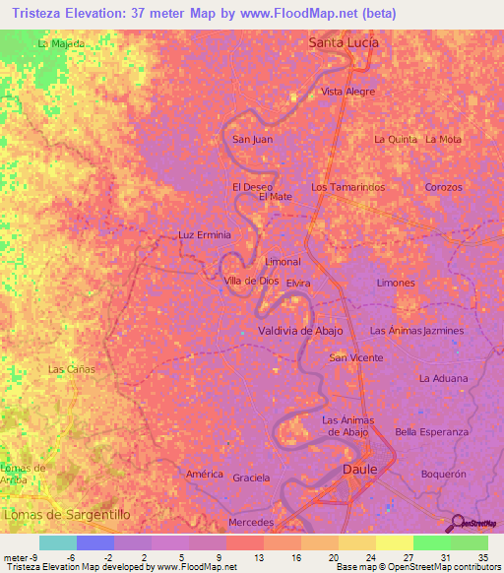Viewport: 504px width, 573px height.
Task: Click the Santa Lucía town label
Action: (x=344, y=42)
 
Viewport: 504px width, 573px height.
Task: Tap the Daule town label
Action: (x=359, y=470)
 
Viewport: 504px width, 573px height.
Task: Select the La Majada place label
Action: (x=60, y=44)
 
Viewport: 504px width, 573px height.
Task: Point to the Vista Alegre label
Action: (x=348, y=92)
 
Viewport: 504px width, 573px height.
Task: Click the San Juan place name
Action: (x=252, y=140)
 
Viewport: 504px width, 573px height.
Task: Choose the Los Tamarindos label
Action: (x=347, y=187)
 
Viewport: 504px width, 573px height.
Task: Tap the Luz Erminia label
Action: (x=204, y=235)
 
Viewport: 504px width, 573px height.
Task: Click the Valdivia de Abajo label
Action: (x=300, y=331)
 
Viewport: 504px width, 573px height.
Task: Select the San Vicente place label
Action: (x=356, y=357)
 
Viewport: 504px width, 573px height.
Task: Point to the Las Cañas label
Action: (x=71, y=369)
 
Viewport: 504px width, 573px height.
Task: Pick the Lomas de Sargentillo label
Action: (x=67, y=514)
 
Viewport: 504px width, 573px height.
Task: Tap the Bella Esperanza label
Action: (x=431, y=432)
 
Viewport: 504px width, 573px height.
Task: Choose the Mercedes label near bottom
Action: (x=249, y=521)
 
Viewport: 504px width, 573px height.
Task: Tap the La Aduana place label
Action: (x=443, y=378)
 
